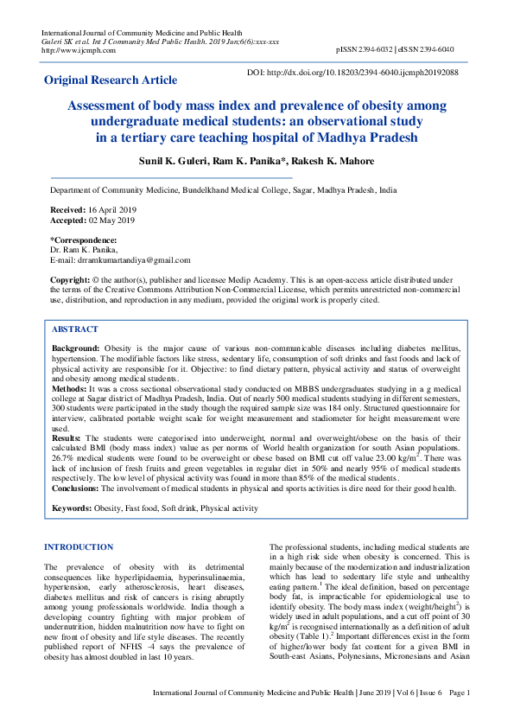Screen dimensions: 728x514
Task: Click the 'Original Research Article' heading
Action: point(111,80)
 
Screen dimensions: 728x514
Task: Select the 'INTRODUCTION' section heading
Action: point(79,547)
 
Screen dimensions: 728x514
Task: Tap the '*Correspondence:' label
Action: point(83,239)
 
